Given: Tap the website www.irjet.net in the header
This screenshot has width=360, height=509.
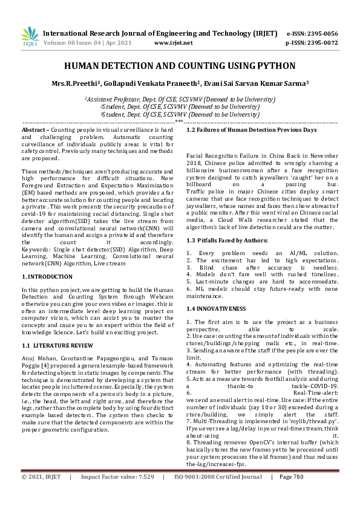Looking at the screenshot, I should pos(174,44).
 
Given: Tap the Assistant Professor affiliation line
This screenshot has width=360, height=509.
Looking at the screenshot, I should pos(180,98).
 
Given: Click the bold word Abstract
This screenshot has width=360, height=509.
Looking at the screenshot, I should pos(34,130).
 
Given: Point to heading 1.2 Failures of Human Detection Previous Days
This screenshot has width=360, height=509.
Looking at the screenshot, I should pos(251,130).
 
